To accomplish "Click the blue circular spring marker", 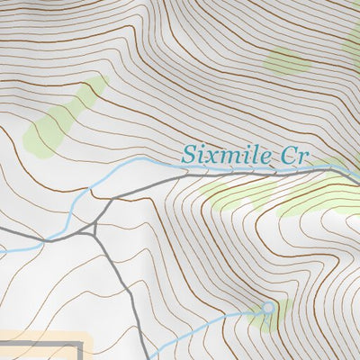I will tap(267, 308).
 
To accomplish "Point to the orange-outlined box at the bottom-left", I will tap(45, 346).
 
